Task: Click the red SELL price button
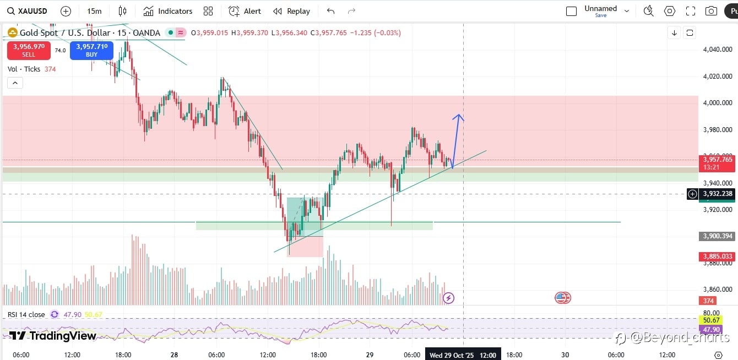[29, 51]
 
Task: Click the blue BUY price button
[91, 51]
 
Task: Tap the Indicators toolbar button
[168, 11]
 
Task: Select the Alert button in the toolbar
[245, 11]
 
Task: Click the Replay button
[292, 11]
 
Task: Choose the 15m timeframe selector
[94, 11]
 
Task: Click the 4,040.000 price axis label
[718, 50]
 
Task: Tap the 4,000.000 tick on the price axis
[718, 103]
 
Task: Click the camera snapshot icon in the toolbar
[711, 11]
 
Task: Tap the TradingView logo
[53, 336]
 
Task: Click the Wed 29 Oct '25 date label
[451, 355]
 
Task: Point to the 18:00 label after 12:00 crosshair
[514, 355]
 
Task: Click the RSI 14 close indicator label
[26, 314]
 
